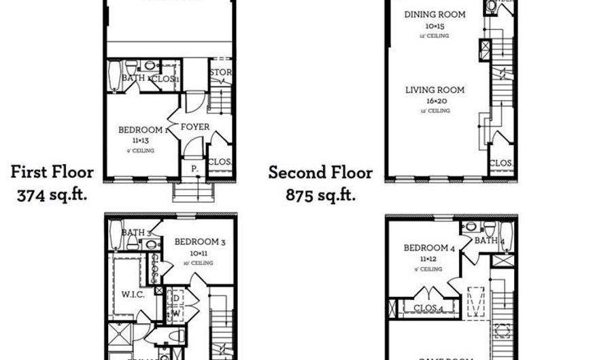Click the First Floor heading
tap(52, 171)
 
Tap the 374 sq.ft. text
tap(52, 195)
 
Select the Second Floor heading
tap(320, 172)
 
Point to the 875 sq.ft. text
tap(320, 195)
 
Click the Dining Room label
tap(435, 14)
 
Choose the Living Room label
tap(435, 90)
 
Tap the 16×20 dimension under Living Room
tap(435, 101)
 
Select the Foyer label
tap(194, 127)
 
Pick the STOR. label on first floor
tap(221, 72)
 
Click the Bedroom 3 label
tap(200, 242)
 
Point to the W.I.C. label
tap(131, 295)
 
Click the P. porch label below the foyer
tap(194, 168)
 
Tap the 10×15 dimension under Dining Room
tap(435, 25)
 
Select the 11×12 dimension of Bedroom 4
tap(427, 259)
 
